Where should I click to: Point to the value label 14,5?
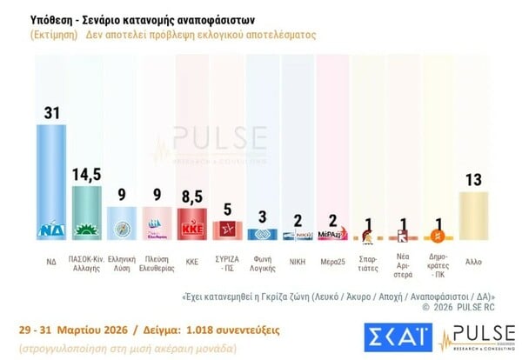tap(85, 174)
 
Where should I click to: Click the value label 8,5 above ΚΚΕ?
tap(191, 196)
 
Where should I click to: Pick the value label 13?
tap(472, 179)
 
